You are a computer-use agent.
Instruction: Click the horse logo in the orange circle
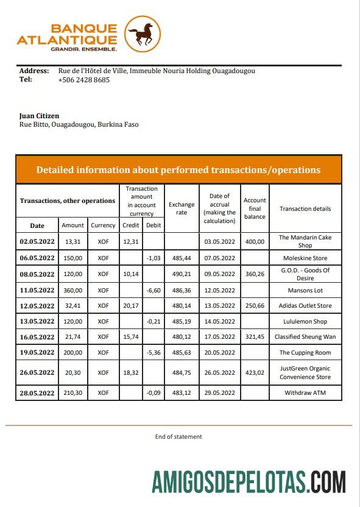(x=143, y=34)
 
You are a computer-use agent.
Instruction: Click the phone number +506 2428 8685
(x=84, y=80)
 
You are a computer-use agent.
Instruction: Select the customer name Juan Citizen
(x=40, y=116)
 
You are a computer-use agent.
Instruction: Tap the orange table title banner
(x=178, y=170)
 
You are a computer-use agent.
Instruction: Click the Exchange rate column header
(x=182, y=208)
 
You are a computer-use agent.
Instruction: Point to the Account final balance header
(x=255, y=208)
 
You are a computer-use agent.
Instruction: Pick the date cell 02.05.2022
(x=37, y=241)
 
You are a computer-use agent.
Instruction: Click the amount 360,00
(x=72, y=290)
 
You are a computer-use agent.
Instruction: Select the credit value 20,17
(x=131, y=306)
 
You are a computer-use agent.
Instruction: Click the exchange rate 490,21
(x=182, y=274)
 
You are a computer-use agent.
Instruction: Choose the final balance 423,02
(x=255, y=373)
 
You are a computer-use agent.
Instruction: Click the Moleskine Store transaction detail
(x=305, y=258)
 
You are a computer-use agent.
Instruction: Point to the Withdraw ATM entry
(x=305, y=393)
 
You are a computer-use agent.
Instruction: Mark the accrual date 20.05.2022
(x=219, y=353)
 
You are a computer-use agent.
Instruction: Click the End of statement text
(x=178, y=436)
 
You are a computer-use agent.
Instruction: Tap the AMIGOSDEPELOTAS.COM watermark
(x=249, y=482)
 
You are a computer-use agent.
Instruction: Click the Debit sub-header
(x=152, y=225)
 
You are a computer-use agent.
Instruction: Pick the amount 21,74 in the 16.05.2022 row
(x=72, y=337)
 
